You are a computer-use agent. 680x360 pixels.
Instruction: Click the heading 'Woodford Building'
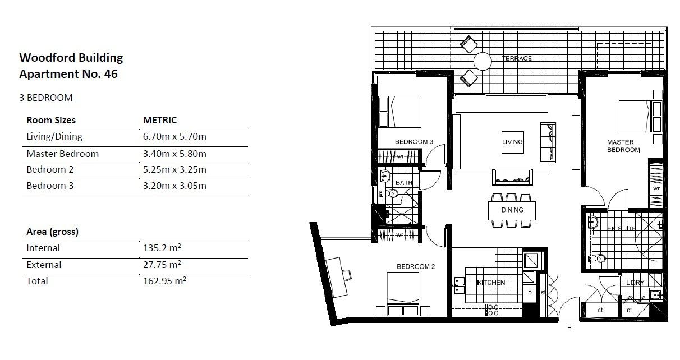coord(71,57)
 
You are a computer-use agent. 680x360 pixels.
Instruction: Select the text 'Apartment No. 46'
coord(68,73)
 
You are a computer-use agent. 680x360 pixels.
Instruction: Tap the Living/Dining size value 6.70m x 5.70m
coord(174,136)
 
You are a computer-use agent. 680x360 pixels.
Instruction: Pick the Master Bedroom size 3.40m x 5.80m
coord(174,154)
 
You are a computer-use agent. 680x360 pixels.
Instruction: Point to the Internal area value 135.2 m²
coord(162,248)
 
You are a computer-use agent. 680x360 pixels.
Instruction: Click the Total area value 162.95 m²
coord(164,281)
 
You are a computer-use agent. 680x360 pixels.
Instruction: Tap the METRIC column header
coord(160,120)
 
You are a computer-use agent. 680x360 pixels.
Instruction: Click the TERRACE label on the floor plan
coord(516,58)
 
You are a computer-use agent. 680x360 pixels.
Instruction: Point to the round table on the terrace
coord(483,60)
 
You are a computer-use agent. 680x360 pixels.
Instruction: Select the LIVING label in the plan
coord(512,142)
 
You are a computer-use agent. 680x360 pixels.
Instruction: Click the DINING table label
coord(512,210)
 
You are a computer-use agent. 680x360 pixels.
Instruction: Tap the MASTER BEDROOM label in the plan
coord(623,146)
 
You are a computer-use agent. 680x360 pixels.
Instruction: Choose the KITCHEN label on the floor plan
coord(491,283)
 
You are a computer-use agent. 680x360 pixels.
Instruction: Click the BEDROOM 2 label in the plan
coord(416,267)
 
